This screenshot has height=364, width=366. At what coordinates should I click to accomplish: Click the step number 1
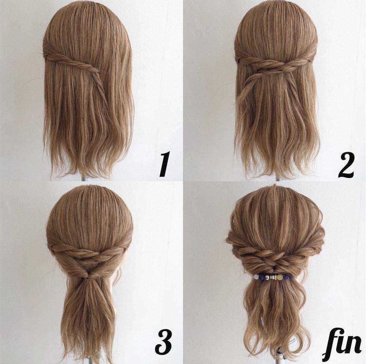pyautogui.click(x=164, y=164)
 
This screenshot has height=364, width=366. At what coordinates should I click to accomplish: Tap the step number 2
pyautogui.click(x=346, y=165)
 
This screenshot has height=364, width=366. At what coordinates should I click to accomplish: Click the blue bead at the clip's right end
pyautogui.click(x=290, y=277)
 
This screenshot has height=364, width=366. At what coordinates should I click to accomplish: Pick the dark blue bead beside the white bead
pyautogui.click(x=261, y=277)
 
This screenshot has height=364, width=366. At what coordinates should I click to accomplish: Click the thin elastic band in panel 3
pyautogui.click(x=89, y=278)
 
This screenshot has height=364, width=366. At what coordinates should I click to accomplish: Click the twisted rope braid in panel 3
pyautogui.click(x=89, y=253)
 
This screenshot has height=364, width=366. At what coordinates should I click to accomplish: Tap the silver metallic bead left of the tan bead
pyautogui.click(x=272, y=277)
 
